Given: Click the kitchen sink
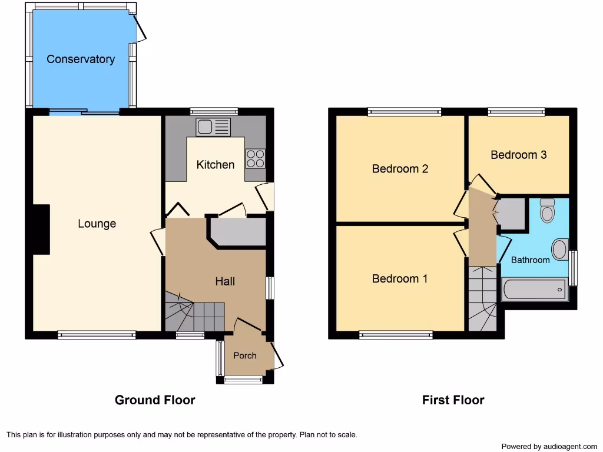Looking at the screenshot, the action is pyautogui.click(x=213, y=127).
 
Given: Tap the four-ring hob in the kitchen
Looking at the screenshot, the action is pyautogui.click(x=256, y=159).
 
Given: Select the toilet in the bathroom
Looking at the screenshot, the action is pyautogui.click(x=547, y=210).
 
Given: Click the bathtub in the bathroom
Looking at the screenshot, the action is pyautogui.click(x=535, y=290).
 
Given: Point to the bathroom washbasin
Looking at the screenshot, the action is pyautogui.click(x=561, y=250).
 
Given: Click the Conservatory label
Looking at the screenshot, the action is pyautogui.click(x=81, y=59).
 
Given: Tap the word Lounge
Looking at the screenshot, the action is pyautogui.click(x=97, y=224).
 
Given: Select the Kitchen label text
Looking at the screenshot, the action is pyautogui.click(x=216, y=165).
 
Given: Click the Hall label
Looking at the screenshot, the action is pyautogui.click(x=225, y=281).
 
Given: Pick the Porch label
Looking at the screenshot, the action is pyautogui.click(x=245, y=355).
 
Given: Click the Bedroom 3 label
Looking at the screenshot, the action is pyautogui.click(x=518, y=155).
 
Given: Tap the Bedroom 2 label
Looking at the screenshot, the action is pyautogui.click(x=400, y=169).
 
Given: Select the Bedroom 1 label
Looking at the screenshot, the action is pyautogui.click(x=400, y=278).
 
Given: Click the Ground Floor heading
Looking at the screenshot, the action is pyautogui.click(x=155, y=400).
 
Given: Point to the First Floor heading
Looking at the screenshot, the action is pyautogui.click(x=453, y=400).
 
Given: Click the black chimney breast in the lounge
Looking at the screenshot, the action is pyautogui.click(x=42, y=230).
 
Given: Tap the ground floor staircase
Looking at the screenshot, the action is pyautogui.click(x=195, y=312).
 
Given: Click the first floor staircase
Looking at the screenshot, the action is pyautogui.click(x=483, y=298).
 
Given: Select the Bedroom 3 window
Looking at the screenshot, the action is pyautogui.click(x=516, y=112).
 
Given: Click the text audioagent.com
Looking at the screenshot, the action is pyautogui.click(x=570, y=447).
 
